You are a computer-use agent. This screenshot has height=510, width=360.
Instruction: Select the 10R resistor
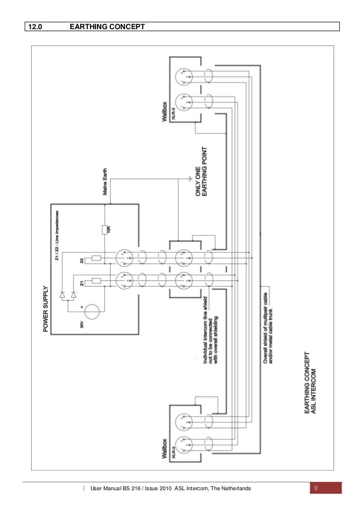tap(105, 229)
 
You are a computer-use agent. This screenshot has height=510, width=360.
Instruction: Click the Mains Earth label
tap(105, 184)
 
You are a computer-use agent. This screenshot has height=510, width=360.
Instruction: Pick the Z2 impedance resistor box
tap(96, 258)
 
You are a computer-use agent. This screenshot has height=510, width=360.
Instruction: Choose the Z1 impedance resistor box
tap(96, 282)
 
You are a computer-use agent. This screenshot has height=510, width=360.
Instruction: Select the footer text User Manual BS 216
tap(170, 489)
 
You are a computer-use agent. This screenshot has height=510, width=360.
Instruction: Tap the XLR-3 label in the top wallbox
tap(173, 115)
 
